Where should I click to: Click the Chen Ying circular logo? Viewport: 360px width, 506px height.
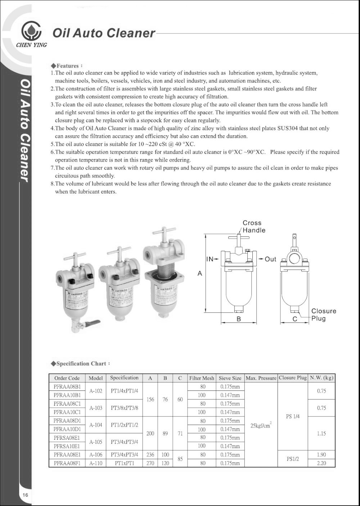coord(31,31)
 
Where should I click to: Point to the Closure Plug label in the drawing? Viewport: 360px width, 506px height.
coord(323,315)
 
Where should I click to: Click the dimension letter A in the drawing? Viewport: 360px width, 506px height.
coord(200,274)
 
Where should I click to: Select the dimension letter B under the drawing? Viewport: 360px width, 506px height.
coord(238,319)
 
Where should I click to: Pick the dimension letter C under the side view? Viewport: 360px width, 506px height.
coord(294,319)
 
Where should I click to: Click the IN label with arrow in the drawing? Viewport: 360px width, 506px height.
coord(212,259)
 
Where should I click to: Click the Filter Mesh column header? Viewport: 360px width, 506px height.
coord(202,378)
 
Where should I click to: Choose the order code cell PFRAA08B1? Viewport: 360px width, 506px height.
coord(67,387)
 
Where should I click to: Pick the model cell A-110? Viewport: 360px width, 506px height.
coord(96,463)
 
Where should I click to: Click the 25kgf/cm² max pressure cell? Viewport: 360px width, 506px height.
coord(261,425)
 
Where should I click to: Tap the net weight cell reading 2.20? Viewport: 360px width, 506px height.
coord(321,463)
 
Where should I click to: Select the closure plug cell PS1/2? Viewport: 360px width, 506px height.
coord(292,459)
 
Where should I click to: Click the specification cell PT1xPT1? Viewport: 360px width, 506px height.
coord(124,463)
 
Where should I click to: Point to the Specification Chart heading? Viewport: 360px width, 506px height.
coord(81,363)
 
